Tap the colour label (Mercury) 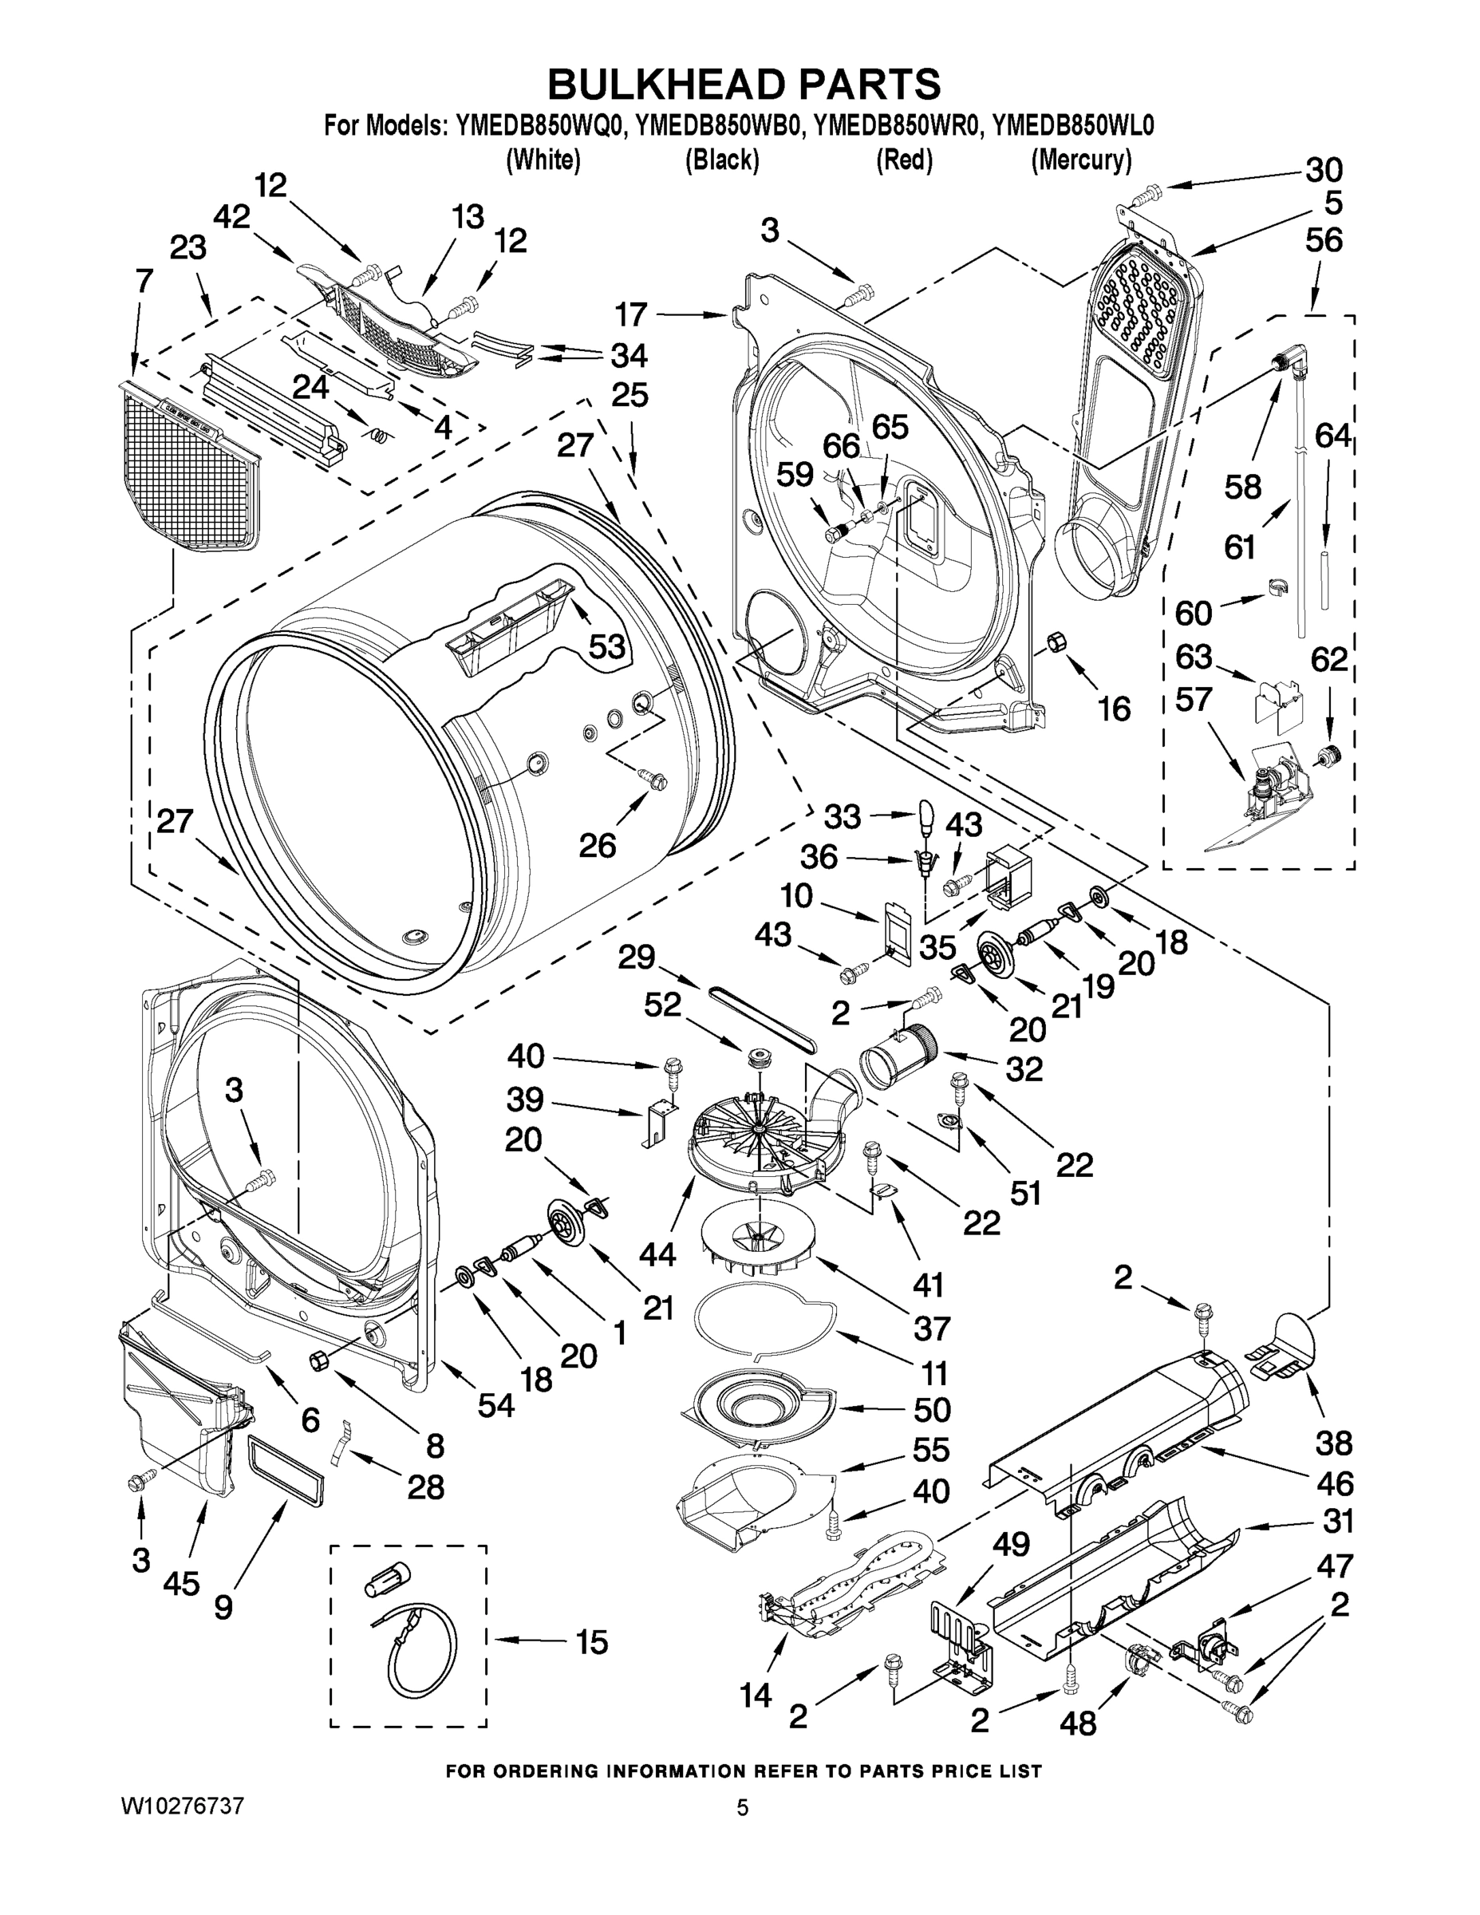pyautogui.click(x=1081, y=160)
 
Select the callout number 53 pyautogui.click(x=606, y=646)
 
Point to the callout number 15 pyautogui.click(x=592, y=1642)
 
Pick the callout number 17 pyautogui.click(x=630, y=314)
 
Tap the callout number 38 pyautogui.click(x=1333, y=1443)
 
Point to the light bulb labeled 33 pyautogui.click(x=928, y=815)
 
